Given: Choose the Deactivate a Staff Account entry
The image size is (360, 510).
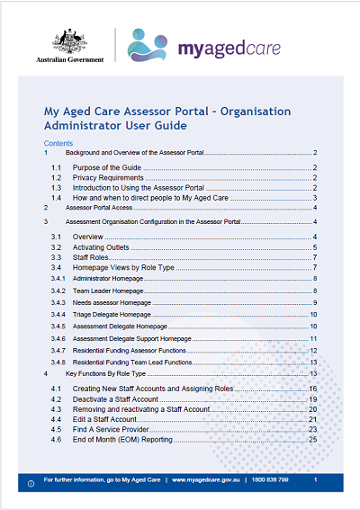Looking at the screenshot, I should click(120, 398).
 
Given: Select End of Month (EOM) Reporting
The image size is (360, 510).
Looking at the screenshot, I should click(124, 440).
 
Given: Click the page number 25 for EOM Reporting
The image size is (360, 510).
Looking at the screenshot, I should click(313, 440).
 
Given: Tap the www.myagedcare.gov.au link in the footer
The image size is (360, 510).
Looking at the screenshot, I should click(211, 481).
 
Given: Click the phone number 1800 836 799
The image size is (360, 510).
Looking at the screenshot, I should click(271, 481).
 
